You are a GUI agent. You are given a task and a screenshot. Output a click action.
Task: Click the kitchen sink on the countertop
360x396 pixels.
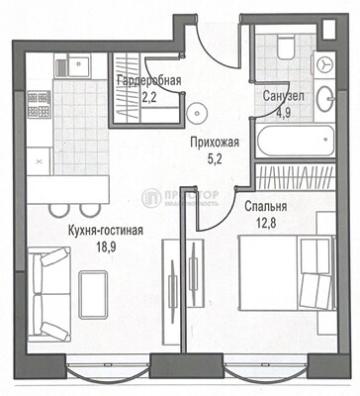(x=70, y=68)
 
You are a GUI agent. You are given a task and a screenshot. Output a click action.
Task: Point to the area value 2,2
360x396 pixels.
(x=147, y=97)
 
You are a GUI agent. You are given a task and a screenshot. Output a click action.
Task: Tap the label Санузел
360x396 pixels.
(x=283, y=97)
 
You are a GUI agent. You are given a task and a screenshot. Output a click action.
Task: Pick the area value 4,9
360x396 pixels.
(x=283, y=112)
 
